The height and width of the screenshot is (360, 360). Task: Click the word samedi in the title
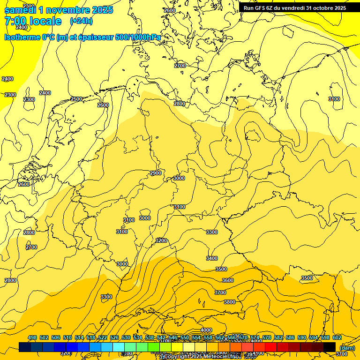19,10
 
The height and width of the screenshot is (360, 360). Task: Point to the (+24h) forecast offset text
81,21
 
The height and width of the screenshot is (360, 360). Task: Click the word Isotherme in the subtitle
21,37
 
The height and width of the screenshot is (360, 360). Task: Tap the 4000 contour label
206,330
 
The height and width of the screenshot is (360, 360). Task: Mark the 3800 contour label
230,302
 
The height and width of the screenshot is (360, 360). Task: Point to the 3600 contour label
228,280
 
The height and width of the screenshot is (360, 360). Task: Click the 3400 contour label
212,258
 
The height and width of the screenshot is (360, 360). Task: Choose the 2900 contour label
156,173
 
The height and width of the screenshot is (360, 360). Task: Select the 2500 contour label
76,99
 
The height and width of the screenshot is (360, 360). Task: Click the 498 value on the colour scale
32,337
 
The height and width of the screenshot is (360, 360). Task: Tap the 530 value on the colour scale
126,337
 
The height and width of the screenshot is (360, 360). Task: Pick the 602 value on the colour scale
337,337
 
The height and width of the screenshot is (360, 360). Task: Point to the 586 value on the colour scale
290,337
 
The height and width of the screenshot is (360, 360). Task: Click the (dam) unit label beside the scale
347,347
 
